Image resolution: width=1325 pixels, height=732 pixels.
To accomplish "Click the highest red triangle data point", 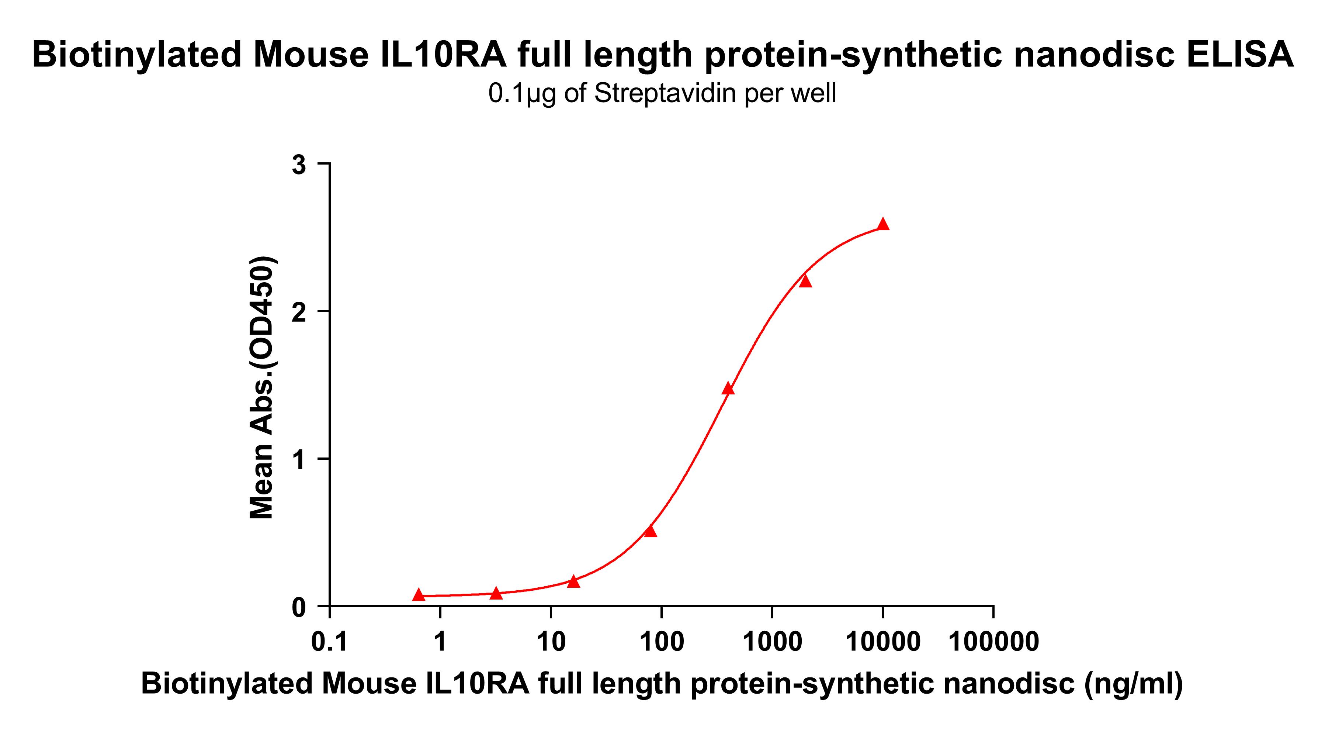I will coord(882,224).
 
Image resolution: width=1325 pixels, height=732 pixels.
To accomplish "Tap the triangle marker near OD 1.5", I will coord(728,389).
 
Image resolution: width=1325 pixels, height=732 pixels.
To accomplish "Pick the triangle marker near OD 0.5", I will coord(651,531).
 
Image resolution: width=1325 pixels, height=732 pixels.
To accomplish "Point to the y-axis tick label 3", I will coord(299,165).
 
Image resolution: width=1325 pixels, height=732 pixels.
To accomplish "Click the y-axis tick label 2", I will coord(299,313).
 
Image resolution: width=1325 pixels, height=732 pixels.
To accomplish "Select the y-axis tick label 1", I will coord(299,460).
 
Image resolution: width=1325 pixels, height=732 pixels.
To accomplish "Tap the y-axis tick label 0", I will coord(299,607).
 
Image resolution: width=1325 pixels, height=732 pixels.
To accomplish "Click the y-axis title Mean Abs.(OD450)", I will coord(262,387).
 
